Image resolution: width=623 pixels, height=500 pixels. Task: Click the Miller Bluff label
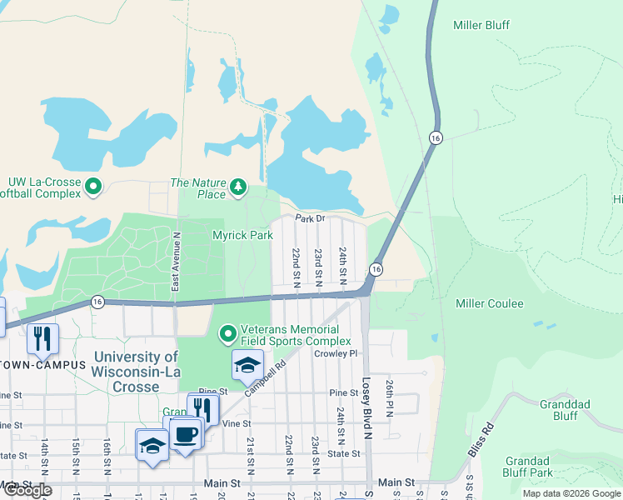pos(481,25)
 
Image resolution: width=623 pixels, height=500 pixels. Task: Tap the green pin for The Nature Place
pos(239,185)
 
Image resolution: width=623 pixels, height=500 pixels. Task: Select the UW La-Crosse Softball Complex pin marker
pos(93,187)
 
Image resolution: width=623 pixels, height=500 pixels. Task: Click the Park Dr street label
pos(307,218)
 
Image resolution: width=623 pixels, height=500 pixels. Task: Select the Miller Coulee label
pos(489,303)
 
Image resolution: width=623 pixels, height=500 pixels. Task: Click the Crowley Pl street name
pos(335,353)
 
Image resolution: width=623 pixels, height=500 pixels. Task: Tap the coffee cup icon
pos(186,435)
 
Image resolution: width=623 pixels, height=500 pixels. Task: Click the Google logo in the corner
pos(27,490)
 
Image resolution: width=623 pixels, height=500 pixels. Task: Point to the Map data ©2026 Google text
pos(571,493)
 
